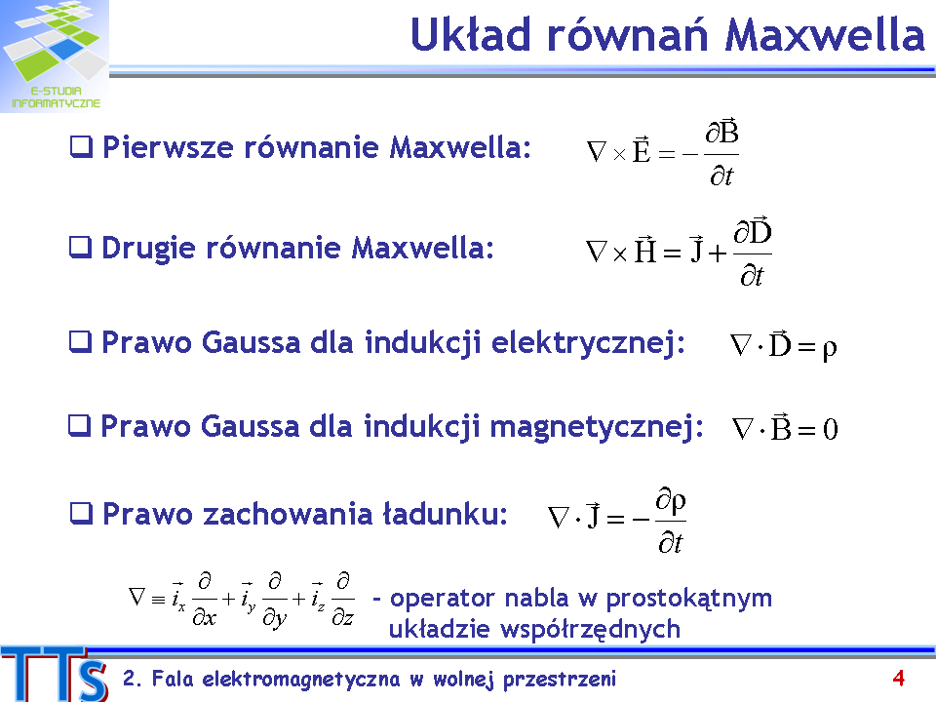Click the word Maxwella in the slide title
pyautogui.click(x=825, y=35)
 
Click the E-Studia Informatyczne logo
pyautogui.click(x=55, y=57)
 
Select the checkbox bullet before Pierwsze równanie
pyautogui.click(x=81, y=147)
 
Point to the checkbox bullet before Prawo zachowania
pyautogui.click(x=81, y=514)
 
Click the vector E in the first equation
pyautogui.click(x=642, y=149)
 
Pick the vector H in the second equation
pyautogui.click(x=645, y=250)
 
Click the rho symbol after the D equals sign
pyautogui.click(x=829, y=349)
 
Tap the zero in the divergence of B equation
pyautogui.click(x=831, y=429)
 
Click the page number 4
pyautogui.click(x=898, y=679)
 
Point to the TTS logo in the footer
pyautogui.click(x=55, y=674)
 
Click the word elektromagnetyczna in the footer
pyautogui.click(x=301, y=680)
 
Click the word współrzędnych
pyautogui.click(x=594, y=630)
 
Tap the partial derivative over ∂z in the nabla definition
pyautogui.click(x=342, y=599)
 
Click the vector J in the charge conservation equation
pyautogui.click(x=593, y=515)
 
